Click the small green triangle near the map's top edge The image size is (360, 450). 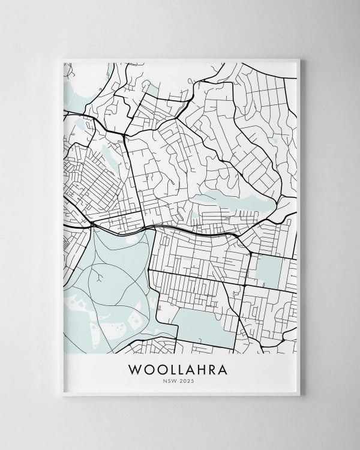click(x=154, y=92)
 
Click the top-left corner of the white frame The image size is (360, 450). click(x=62, y=59)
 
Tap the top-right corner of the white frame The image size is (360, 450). click(x=299, y=59)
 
